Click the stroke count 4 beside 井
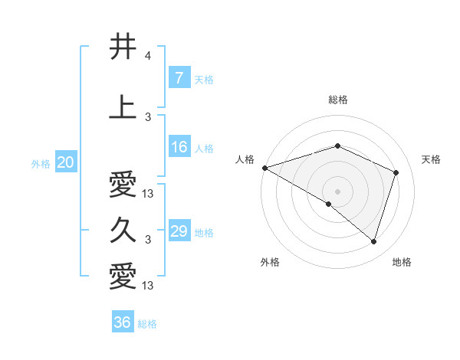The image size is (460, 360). pos(148,56)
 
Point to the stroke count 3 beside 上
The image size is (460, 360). pos(148,116)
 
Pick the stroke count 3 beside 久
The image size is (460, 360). pos(148,240)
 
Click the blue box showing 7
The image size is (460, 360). pos(179,77)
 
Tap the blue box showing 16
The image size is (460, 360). pos(179,147)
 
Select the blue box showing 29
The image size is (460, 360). pos(179,231)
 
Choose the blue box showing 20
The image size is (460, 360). pos(66,162)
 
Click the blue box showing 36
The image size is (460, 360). pos(123,322)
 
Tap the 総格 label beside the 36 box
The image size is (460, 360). pos(148,324)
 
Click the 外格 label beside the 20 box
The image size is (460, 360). pos(41,163)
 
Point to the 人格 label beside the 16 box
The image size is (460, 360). pos(204,148)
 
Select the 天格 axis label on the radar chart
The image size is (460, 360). pos(431,159)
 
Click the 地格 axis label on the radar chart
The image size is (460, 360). pos(402,262)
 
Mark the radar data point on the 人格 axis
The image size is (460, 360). pos(264,168)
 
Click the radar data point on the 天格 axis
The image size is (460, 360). pos(396,172)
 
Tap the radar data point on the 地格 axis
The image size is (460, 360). pos(374,241)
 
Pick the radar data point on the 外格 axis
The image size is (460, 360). pos(329,204)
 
